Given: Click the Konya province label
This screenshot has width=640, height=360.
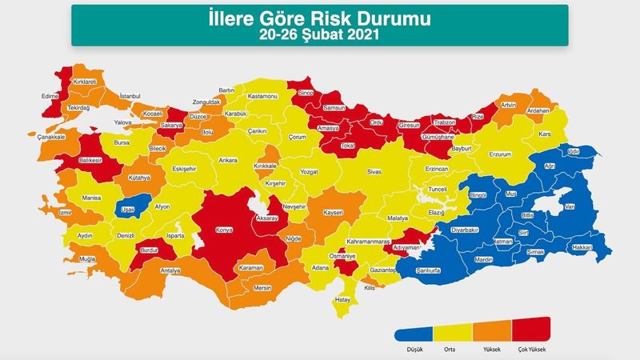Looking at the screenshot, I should click(x=225, y=231).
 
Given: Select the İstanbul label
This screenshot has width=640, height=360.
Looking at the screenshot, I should click(x=130, y=96).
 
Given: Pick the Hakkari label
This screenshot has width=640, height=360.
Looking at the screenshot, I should click(x=582, y=248).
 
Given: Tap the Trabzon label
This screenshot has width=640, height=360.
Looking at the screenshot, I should click(x=444, y=122).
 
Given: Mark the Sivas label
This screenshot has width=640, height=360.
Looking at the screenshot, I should click(x=375, y=172).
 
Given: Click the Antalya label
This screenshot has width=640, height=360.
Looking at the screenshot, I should click(x=170, y=270).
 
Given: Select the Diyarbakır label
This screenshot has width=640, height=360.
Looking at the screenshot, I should click(x=465, y=229).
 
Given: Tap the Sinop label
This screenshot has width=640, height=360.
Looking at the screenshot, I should click(x=305, y=94).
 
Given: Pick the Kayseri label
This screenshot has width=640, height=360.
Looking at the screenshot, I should click(x=333, y=214).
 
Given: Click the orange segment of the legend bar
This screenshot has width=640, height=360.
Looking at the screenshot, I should click(x=491, y=331).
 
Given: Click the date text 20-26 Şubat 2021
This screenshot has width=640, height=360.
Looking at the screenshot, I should click(x=319, y=34).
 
